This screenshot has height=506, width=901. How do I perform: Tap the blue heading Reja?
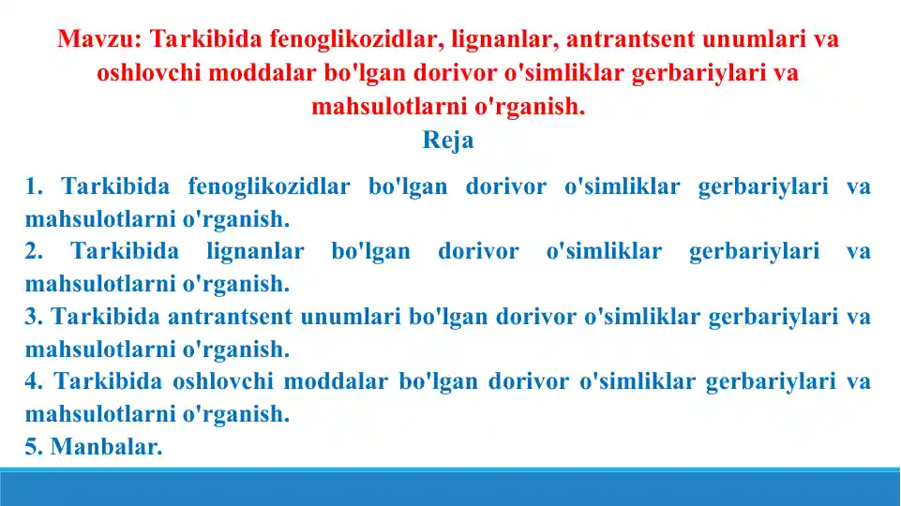coord(448,141)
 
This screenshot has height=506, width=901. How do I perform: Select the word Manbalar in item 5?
coord(106,447)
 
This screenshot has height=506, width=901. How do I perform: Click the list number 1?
coord(33,186)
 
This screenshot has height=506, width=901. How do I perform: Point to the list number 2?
coord(33,251)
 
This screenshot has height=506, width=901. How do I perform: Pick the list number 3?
coord(33,317)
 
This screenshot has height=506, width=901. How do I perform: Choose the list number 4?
coord(33,381)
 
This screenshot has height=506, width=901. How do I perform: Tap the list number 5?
coord(33,447)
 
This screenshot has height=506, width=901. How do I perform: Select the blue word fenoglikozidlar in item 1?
coord(269,186)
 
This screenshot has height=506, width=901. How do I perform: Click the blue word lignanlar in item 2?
coord(255,251)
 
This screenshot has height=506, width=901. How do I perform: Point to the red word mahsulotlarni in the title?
coord(388,107)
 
